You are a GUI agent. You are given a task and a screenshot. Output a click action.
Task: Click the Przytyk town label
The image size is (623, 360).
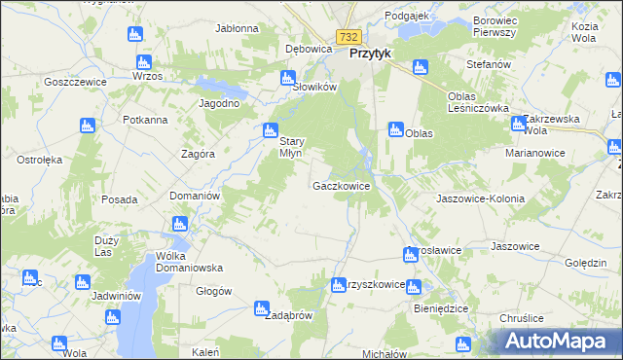click(370, 54)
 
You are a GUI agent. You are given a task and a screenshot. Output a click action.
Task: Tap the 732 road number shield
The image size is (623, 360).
click(348, 36)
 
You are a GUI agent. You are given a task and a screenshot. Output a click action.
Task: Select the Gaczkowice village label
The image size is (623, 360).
click(341, 185)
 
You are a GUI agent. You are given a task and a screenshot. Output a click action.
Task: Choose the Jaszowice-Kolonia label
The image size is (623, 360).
click(481, 198)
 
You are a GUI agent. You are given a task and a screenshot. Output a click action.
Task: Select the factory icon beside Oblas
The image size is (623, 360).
click(396, 128)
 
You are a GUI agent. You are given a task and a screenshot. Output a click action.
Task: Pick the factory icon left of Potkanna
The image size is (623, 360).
click(87, 126)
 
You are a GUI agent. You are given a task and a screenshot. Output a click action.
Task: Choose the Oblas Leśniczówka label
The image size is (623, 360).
click(478, 102)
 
